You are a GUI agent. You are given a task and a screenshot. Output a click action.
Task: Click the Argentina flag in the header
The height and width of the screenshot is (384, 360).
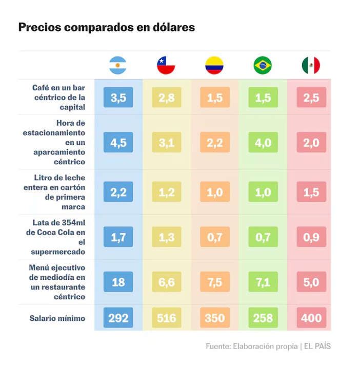[x=118, y=65]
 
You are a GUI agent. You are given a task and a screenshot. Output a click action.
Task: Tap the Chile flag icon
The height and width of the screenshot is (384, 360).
[x=166, y=65]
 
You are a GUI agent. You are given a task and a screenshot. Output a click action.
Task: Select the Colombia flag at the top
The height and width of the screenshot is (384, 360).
[x=214, y=65]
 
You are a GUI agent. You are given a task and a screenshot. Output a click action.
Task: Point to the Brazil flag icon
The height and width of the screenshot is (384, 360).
[x=263, y=65]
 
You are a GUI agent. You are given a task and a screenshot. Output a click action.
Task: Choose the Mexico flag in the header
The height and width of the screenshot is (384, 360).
[x=311, y=65]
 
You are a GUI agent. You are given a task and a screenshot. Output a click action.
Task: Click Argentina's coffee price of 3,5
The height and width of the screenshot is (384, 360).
[x=118, y=98]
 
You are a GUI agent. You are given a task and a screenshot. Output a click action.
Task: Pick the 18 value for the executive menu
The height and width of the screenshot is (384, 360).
[x=118, y=282]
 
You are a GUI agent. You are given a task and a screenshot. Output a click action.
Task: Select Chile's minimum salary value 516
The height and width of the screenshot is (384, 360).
[x=166, y=318]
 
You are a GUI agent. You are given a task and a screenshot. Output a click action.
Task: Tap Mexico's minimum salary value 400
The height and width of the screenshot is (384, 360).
[x=311, y=318]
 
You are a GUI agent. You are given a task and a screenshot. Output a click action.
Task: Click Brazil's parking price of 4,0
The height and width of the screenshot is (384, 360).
[x=263, y=143]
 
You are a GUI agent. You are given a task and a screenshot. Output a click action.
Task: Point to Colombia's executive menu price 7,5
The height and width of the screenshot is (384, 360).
[x=214, y=282]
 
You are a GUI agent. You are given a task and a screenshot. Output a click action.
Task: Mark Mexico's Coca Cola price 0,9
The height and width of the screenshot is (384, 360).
[x=311, y=237]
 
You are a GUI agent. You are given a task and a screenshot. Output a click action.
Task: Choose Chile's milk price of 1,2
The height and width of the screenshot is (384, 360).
[x=166, y=192]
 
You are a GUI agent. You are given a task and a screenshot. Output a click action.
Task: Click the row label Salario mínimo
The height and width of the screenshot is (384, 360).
[x=57, y=318]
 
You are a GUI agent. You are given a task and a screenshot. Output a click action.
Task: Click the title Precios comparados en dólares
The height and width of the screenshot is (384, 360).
[x=107, y=27]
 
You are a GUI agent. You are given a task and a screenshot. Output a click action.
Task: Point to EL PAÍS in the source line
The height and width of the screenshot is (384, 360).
[x=317, y=346]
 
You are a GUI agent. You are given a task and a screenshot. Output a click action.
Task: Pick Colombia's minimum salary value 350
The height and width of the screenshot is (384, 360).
[x=214, y=318]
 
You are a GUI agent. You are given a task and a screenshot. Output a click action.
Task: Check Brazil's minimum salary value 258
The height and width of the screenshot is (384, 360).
[x=263, y=318]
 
